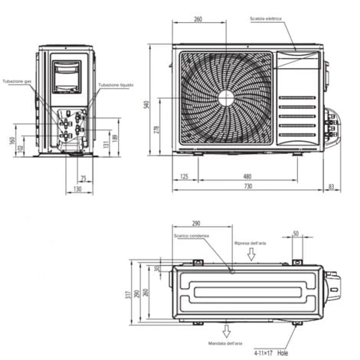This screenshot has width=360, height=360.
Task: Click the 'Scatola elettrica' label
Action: pos(266,19)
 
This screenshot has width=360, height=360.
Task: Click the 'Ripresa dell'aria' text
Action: pos(250,243)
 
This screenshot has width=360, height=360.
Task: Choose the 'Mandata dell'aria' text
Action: pos(225,344)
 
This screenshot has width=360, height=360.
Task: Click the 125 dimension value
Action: pos(185,177)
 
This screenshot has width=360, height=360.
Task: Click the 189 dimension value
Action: pos(116,138)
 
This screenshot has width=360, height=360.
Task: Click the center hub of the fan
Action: pos(226,97)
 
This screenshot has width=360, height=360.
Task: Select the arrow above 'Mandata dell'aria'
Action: pos(226,330)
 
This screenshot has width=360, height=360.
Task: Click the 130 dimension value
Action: pos(78,188)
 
